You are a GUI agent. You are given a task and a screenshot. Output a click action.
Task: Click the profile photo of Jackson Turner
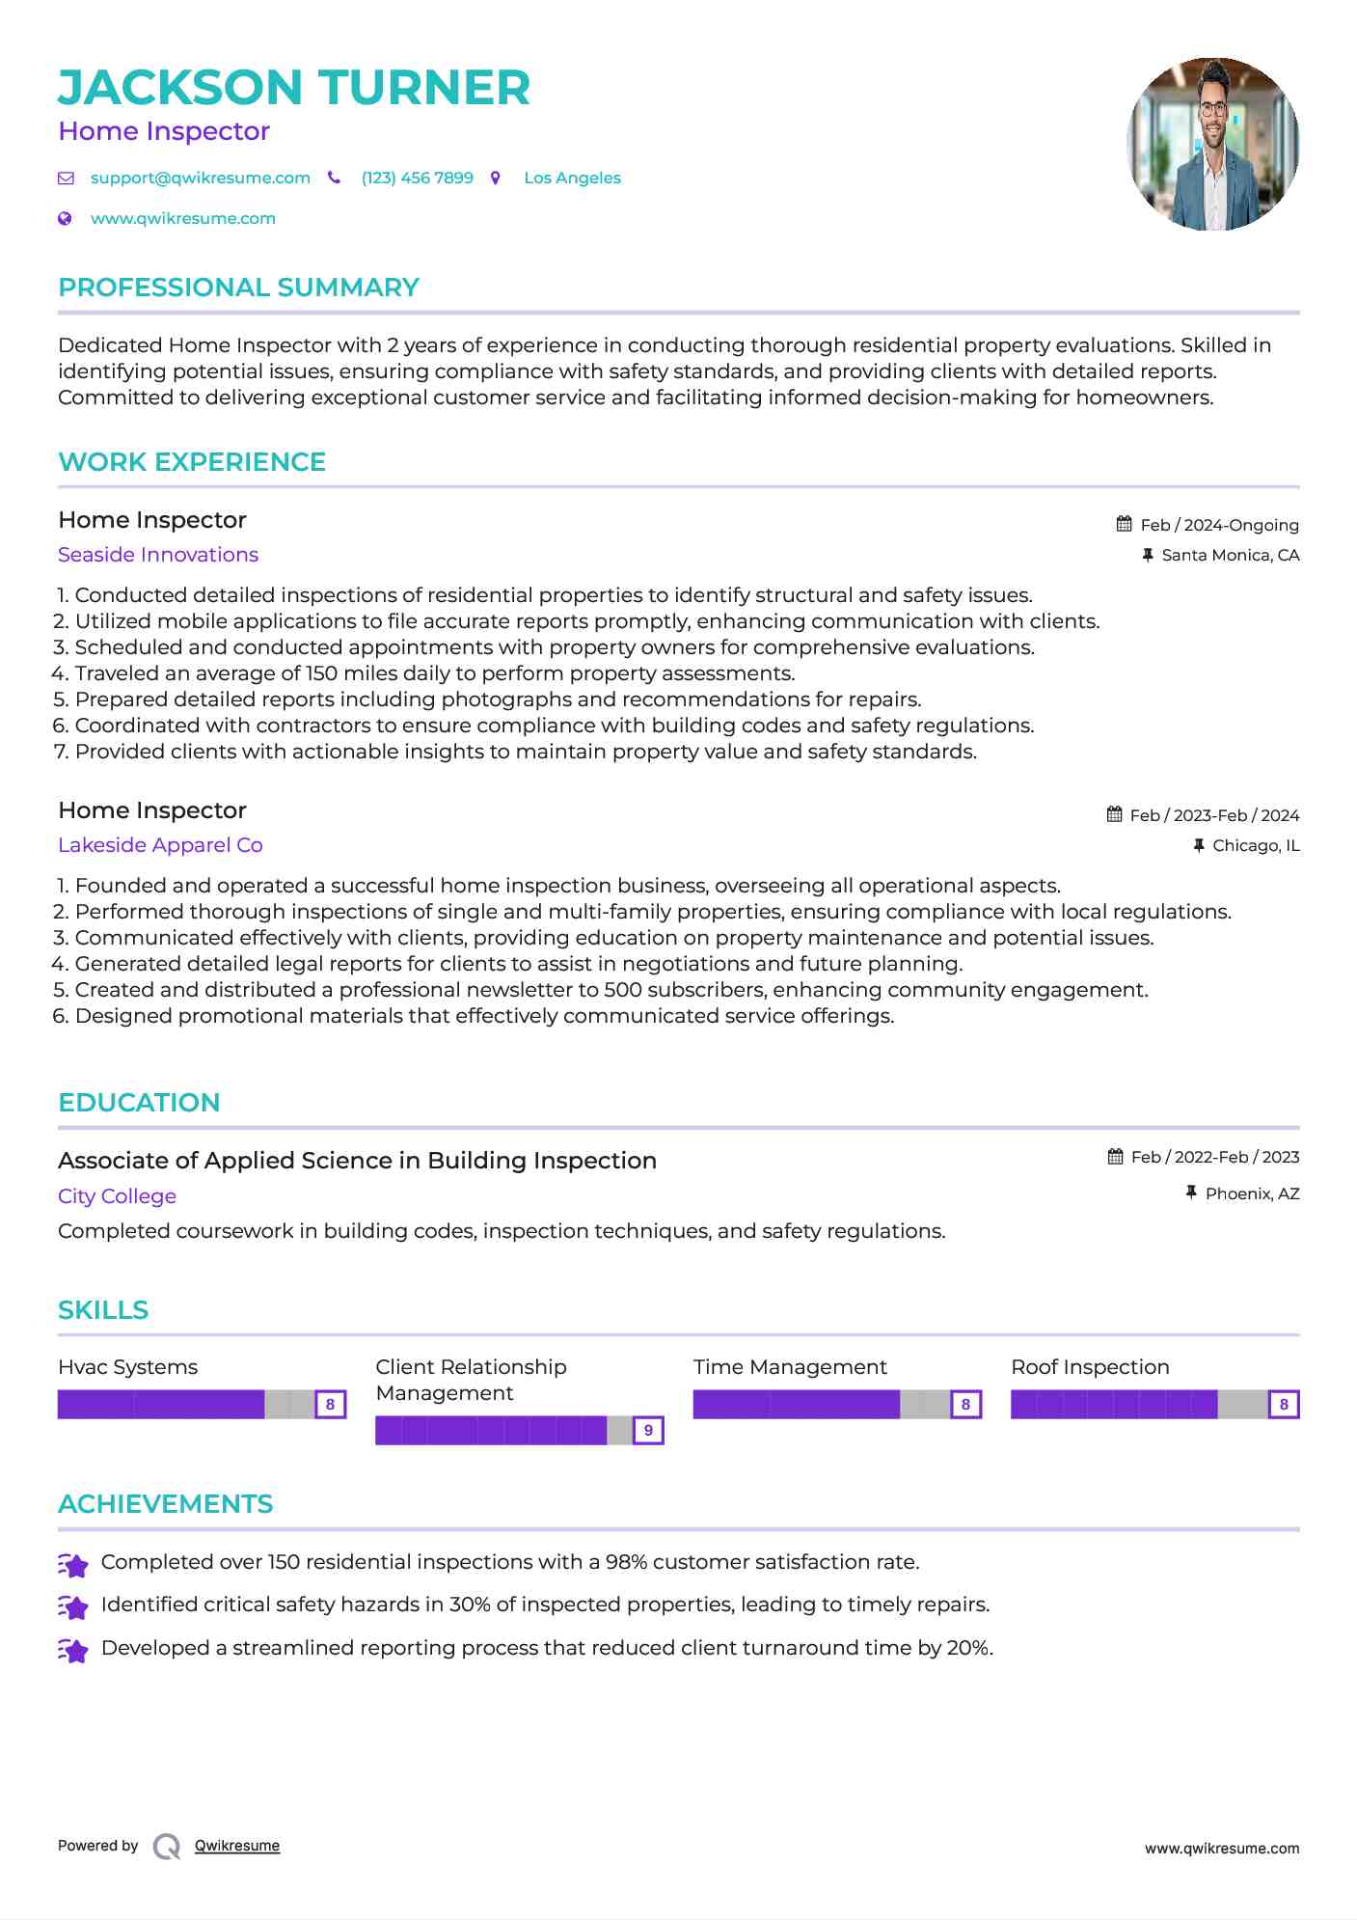coord(1212,144)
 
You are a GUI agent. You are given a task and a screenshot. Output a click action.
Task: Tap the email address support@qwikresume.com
coord(200,178)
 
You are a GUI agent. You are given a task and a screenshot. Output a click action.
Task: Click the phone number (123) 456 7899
coord(417,178)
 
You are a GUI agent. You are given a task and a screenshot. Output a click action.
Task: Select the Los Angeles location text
coord(572,178)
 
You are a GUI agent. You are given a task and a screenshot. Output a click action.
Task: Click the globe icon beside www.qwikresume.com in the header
coord(65,218)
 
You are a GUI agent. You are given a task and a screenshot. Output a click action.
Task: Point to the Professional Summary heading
coord(238,288)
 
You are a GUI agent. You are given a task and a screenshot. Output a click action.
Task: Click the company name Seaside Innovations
coord(158,555)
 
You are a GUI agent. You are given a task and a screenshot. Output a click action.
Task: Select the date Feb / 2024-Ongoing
coord(1219,525)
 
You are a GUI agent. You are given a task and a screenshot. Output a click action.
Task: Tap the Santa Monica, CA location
coord(1230,555)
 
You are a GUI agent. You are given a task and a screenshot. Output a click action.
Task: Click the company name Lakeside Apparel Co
coord(160,845)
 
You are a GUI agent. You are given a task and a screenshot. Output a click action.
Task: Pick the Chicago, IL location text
coord(1256,845)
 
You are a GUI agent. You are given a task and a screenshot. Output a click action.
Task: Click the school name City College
coord(117,1196)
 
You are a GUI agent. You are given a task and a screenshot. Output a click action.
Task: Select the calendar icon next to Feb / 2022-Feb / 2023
coord(1115,1156)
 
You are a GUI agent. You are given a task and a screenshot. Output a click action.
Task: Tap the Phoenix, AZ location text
coord(1252,1193)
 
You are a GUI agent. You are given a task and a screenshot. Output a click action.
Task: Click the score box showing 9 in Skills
coord(648,1430)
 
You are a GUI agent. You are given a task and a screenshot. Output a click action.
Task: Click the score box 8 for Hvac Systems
coord(330,1404)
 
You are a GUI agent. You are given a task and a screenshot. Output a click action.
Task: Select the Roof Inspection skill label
coord(1090,1367)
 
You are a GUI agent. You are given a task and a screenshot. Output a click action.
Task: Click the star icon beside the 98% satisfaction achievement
coord(72,1564)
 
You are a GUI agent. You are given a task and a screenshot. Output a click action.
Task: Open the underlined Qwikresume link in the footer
coord(237,1846)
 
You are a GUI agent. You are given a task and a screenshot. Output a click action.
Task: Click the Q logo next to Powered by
coord(167,1846)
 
